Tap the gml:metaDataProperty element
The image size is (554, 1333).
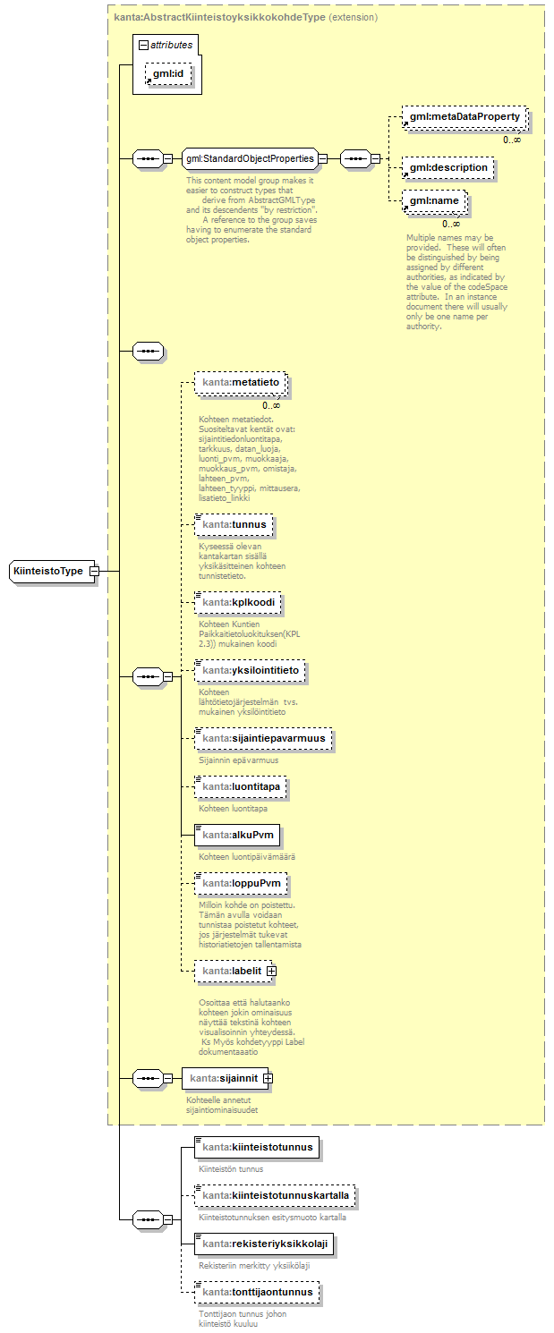coord(463,117)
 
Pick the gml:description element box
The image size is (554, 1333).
coord(447,167)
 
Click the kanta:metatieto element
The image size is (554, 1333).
coord(242,383)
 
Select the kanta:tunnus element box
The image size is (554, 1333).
coord(234,523)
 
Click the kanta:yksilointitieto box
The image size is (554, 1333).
coord(250,670)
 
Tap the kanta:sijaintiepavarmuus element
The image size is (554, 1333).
coord(264,739)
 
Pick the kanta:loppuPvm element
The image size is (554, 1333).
coord(242,884)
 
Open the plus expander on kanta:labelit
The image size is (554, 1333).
coord(271,970)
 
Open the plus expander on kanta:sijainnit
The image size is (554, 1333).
coord(267,1079)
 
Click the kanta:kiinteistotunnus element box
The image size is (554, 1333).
coord(257,1146)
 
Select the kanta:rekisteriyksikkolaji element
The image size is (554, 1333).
coord(264,1244)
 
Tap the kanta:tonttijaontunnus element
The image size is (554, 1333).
coord(257,1292)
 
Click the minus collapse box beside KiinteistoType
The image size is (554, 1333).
coord(94,571)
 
